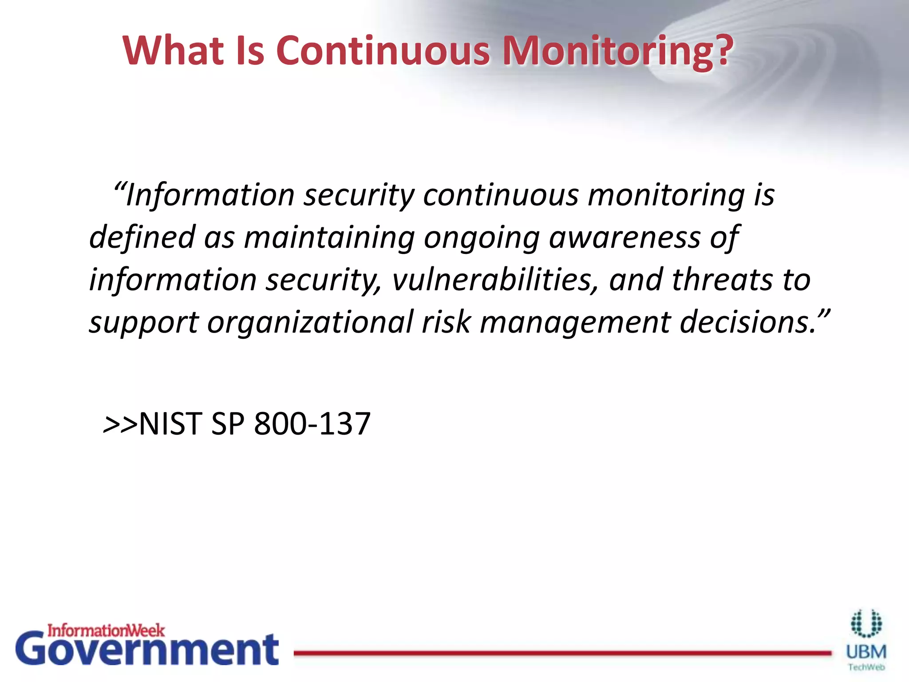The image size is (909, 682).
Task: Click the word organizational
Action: [x=310, y=322]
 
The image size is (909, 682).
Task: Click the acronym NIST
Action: [x=171, y=424]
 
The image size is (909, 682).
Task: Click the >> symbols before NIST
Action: [x=120, y=424]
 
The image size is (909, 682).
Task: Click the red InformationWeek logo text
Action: [x=106, y=630]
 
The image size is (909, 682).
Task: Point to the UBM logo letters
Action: [x=866, y=652]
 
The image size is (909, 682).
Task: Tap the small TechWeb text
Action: [x=866, y=667]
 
